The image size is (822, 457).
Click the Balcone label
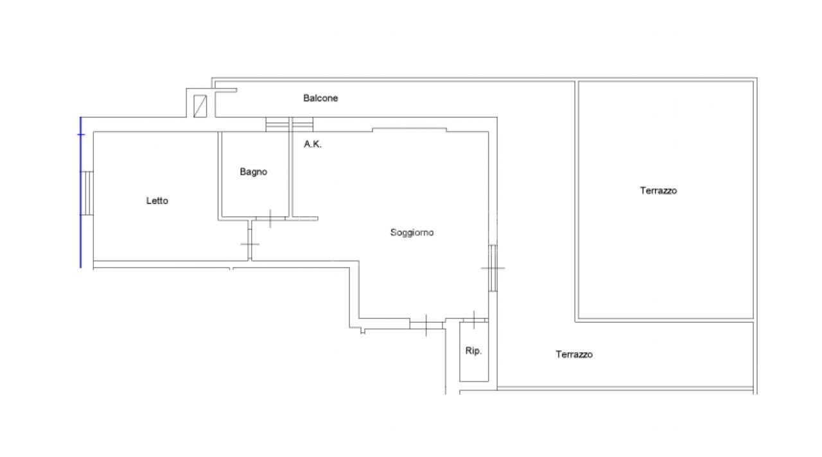pyautogui.click(x=320, y=98)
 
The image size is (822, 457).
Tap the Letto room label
pyautogui.click(x=157, y=201)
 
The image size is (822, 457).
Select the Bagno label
pyautogui.click(x=253, y=171)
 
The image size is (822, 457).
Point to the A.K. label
pyautogui.click(x=312, y=144)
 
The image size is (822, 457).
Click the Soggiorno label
pyautogui.click(x=412, y=232)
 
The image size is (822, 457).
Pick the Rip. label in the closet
pyautogui.click(x=473, y=350)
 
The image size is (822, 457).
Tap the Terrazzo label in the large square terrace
pyautogui.click(x=658, y=191)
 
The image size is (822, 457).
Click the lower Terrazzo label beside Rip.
pyautogui.click(x=574, y=354)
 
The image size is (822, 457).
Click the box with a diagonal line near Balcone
pyautogui.click(x=200, y=106)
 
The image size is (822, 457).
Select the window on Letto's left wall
pyautogui.click(x=87, y=193)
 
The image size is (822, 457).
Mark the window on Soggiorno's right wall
pyautogui.click(x=493, y=268)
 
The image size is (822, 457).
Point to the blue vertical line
pyautogui.click(x=81, y=193)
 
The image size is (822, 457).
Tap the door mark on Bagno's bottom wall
pyautogui.click(x=270, y=219)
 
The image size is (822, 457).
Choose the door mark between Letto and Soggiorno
pyautogui.click(x=250, y=244)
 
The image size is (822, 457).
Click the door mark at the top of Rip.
pyautogui.click(x=474, y=320)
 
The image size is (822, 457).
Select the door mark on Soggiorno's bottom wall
pyautogui.click(x=426, y=325)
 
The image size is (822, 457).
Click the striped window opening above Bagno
pyautogui.click(x=277, y=125)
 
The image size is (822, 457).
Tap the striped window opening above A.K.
pyautogui.click(x=302, y=125)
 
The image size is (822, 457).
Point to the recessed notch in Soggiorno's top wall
pyautogui.click(x=410, y=130)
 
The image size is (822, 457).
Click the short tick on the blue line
pyautogui.click(x=81, y=135)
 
